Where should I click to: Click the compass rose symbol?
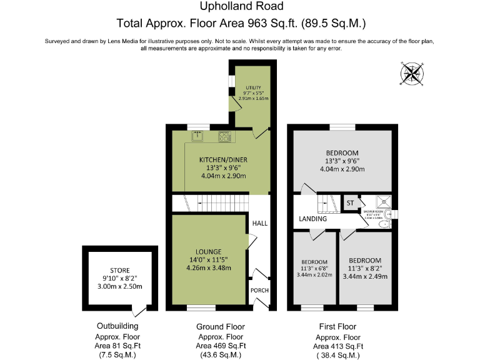411,74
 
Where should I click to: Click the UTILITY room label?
253,87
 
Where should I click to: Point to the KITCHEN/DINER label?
223,159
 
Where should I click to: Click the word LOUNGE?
203,251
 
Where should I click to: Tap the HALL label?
259,222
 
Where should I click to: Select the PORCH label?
259,291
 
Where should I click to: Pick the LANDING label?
313,219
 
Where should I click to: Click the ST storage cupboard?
350,203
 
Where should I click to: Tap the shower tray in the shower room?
381,202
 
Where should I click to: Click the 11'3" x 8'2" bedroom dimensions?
365,269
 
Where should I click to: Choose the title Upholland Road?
241,7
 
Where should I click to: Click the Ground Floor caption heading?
220,326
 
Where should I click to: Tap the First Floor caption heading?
337,326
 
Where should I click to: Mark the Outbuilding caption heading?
117,326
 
